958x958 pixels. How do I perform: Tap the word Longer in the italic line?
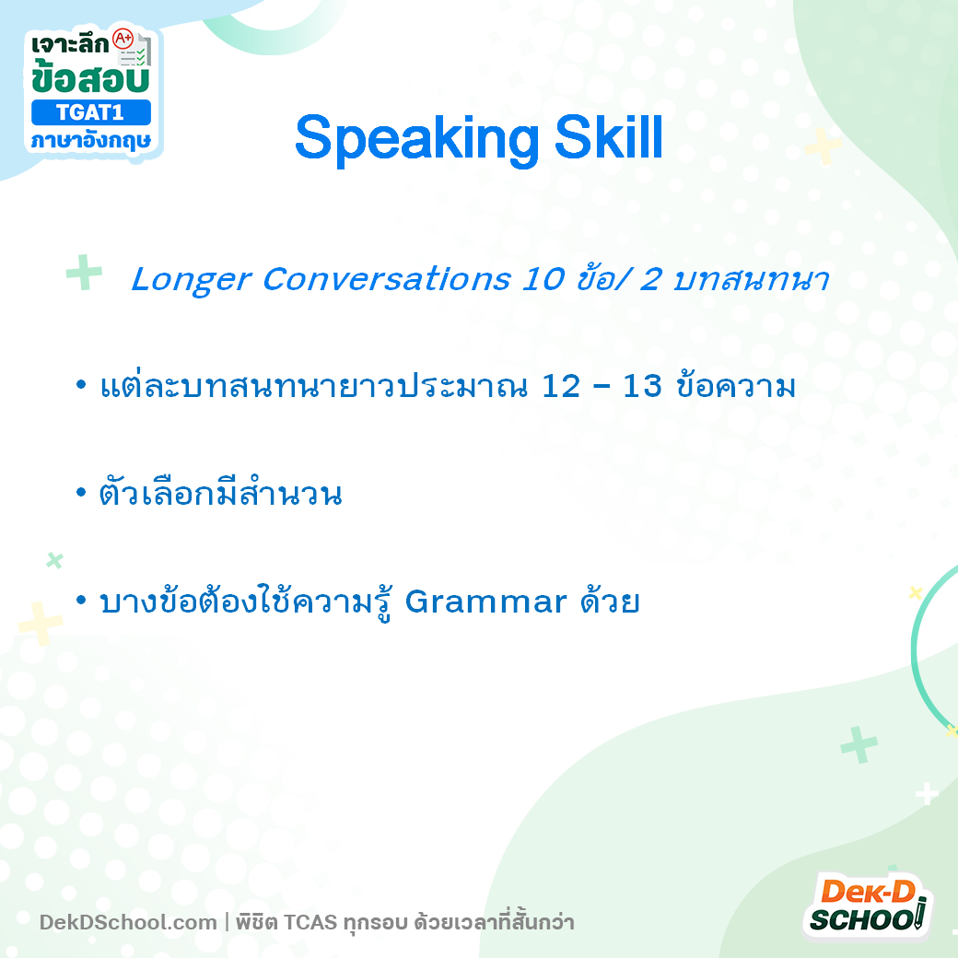(x=191, y=280)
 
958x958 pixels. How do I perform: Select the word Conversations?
(x=386, y=280)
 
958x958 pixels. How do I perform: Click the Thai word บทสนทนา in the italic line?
(x=752, y=280)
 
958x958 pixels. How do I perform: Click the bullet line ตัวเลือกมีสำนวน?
(x=220, y=495)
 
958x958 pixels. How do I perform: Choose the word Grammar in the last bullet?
(x=485, y=602)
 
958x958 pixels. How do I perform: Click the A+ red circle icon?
(x=122, y=40)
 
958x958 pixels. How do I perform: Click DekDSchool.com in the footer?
(x=128, y=922)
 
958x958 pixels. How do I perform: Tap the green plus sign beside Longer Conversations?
(x=84, y=274)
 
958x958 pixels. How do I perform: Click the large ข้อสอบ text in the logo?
(x=89, y=78)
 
